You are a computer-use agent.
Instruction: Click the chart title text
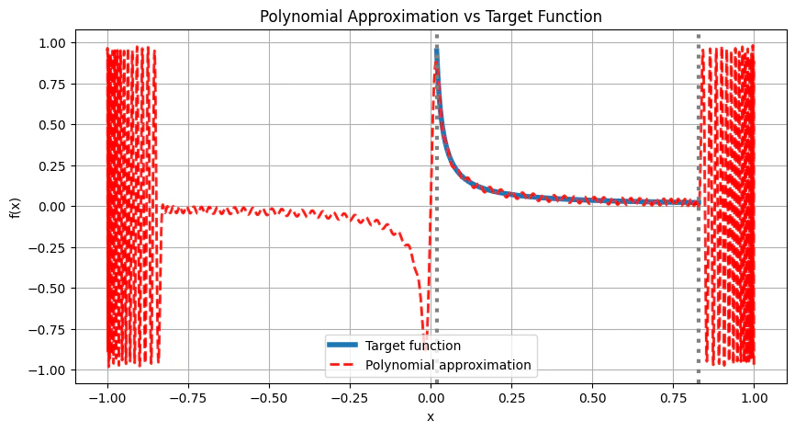pyautogui.click(x=431, y=17)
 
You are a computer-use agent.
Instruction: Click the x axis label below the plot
pyautogui.click(x=431, y=416)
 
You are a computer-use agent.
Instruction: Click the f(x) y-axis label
pyautogui.click(x=16, y=206)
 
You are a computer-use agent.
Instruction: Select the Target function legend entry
pyautogui.click(x=412, y=346)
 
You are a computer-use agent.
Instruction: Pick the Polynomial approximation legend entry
pyautogui.click(x=447, y=365)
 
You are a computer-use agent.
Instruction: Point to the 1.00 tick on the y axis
pyautogui.click(x=51, y=43)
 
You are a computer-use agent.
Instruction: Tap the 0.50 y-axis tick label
pyautogui.click(x=51, y=125)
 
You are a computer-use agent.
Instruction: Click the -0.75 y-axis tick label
pyautogui.click(x=48, y=328)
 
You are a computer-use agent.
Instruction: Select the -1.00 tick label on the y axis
pyautogui.click(x=48, y=369)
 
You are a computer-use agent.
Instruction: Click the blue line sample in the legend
pyautogui.click(x=344, y=346)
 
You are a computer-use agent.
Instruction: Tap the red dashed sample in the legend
pyautogui.click(x=344, y=365)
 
